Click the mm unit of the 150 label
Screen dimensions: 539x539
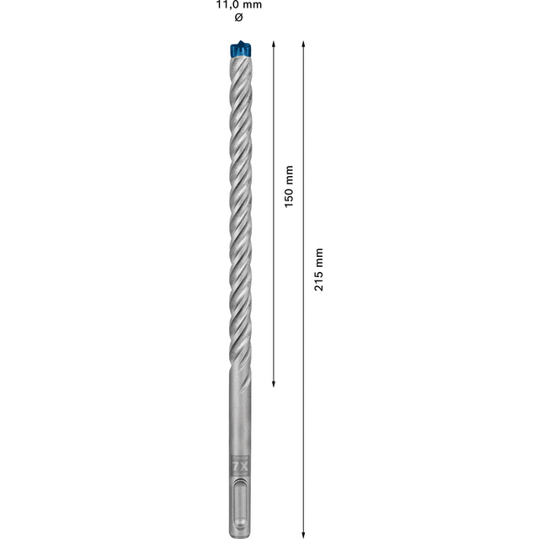288,174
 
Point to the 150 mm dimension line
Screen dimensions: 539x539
274,278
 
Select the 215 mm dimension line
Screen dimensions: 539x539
303,379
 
